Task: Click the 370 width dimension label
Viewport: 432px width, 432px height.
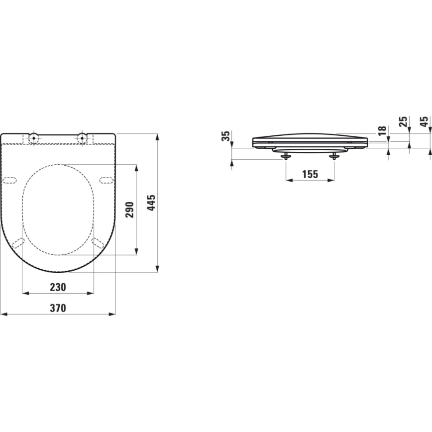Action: click(x=58, y=308)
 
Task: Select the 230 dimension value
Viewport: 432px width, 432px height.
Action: click(x=58, y=287)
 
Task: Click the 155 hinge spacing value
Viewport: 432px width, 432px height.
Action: click(x=310, y=174)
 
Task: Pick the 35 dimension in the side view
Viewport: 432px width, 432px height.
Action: click(x=226, y=136)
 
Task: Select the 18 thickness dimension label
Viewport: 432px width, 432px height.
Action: click(x=382, y=130)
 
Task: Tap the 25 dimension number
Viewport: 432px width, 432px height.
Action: click(x=404, y=121)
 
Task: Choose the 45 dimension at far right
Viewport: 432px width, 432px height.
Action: click(x=424, y=121)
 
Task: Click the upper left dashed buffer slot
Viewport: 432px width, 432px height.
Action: click(x=10, y=180)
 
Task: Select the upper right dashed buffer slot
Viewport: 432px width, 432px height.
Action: click(x=106, y=180)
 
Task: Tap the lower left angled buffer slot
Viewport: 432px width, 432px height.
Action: click(x=18, y=243)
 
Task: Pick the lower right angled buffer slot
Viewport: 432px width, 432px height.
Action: click(x=98, y=243)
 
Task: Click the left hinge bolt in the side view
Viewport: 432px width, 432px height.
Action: click(x=285, y=156)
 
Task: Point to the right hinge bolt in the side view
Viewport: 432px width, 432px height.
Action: click(x=334, y=156)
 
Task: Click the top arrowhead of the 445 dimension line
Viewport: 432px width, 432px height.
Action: click(x=158, y=136)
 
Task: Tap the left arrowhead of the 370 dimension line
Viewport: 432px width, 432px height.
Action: click(x=3, y=314)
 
